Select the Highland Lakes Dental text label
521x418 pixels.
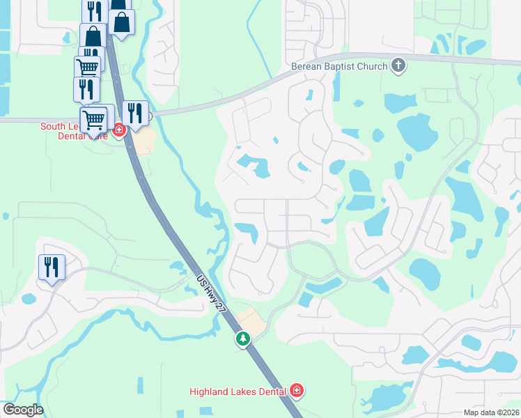(238, 392)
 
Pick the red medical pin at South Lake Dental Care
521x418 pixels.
(119, 130)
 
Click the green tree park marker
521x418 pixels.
(242, 339)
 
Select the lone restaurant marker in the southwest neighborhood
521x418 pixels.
(51, 266)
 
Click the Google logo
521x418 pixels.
(23, 410)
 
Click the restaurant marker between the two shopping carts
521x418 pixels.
(86, 88)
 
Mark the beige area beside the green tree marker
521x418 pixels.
(250, 321)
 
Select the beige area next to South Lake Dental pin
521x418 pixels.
(143, 143)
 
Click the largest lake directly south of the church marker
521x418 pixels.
(416, 131)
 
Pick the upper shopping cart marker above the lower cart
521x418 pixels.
(88, 68)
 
